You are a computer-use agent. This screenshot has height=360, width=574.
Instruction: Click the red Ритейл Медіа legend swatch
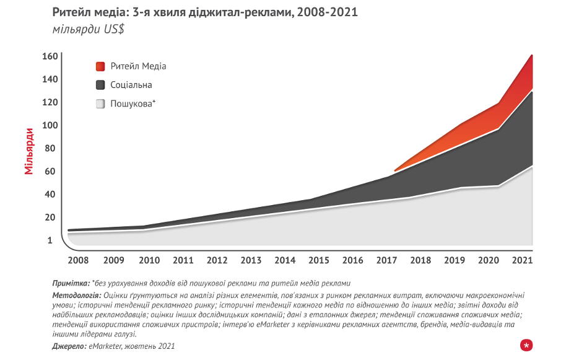tap(100, 66)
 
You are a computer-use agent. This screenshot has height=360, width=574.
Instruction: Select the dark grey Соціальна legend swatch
tap(100, 85)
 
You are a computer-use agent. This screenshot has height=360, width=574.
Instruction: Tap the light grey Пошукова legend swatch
tap(100, 104)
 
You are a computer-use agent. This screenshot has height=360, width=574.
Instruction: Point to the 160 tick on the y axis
tap(51, 56)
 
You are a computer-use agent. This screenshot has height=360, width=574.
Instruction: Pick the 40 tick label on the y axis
tap(51, 194)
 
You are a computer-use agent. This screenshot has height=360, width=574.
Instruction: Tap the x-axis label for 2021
tap(523, 260)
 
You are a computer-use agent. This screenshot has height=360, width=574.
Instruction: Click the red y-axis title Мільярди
tap(29, 151)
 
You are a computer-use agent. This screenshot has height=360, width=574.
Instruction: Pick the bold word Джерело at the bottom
tap(69, 346)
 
